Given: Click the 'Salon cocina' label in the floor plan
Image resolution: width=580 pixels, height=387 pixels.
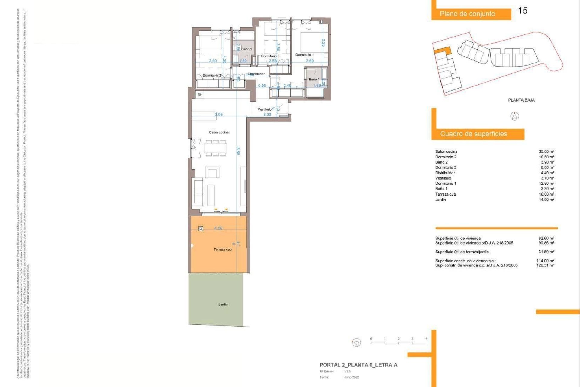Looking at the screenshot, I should [219, 132].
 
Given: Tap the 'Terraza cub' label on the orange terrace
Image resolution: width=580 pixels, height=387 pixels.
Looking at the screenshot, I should [223, 249].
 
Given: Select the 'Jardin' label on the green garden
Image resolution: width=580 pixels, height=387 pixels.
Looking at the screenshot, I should [223, 304].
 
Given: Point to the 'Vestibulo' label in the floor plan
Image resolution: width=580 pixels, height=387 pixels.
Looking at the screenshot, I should [264, 109].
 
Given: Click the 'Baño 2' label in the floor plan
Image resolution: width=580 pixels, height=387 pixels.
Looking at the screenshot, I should [246, 49].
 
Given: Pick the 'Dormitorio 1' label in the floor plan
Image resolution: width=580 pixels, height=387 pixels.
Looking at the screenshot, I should [304, 55].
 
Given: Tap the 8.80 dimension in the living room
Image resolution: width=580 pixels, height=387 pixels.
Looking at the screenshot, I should [238, 151].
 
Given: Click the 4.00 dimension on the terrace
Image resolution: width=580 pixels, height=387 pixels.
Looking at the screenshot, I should [218, 228].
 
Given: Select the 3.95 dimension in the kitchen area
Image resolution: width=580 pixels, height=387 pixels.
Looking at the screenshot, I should [219, 115].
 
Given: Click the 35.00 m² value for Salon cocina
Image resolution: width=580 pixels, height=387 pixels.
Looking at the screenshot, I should [546, 151].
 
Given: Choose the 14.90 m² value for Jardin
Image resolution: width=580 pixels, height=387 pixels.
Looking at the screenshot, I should [546, 200].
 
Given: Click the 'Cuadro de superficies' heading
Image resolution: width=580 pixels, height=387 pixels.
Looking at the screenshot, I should [473, 134].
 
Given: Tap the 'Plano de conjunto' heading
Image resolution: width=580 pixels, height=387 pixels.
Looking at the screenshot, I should [467, 14].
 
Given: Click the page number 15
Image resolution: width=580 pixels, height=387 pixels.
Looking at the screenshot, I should [523, 11].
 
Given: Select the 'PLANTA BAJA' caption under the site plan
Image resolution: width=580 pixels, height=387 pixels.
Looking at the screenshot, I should [521, 100].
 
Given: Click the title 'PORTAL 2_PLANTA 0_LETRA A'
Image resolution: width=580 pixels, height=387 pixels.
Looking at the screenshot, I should [358, 365].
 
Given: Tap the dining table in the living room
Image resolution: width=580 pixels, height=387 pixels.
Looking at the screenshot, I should [216, 148].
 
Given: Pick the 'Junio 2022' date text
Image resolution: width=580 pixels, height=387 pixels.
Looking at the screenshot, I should [351, 377].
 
